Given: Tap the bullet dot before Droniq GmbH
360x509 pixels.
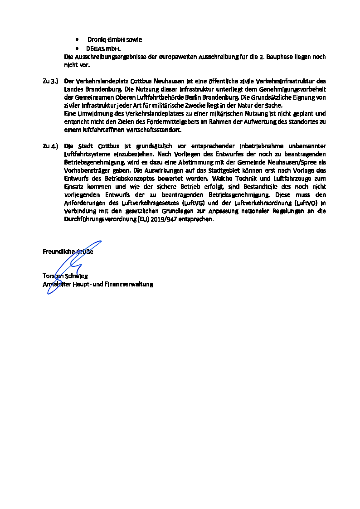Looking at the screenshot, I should tap(78, 39).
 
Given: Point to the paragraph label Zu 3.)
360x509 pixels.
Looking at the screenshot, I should tap(50, 81).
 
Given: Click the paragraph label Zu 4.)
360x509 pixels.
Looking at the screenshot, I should tap(50, 146).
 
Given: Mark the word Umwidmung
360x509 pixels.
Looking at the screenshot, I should tap(89, 114).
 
